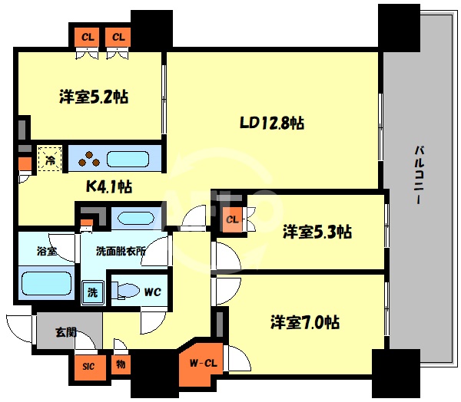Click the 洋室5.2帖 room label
point(93,97)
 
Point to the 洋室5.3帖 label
point(317,231)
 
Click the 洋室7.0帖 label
point(305,321)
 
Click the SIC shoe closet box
point(88,366)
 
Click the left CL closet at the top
point(88,36)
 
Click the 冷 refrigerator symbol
point(48,160)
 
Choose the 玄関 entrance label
point(65,332)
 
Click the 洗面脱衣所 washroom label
point(121,251)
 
